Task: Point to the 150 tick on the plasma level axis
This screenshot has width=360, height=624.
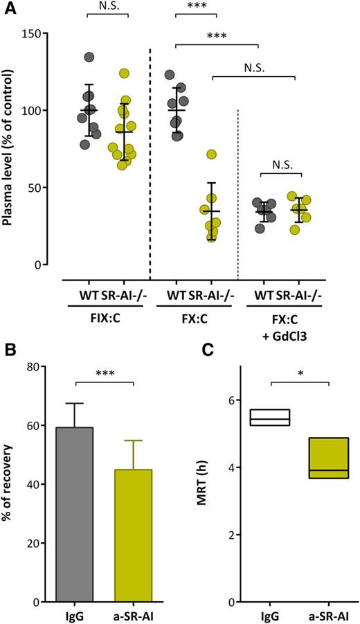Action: pos(40,33)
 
